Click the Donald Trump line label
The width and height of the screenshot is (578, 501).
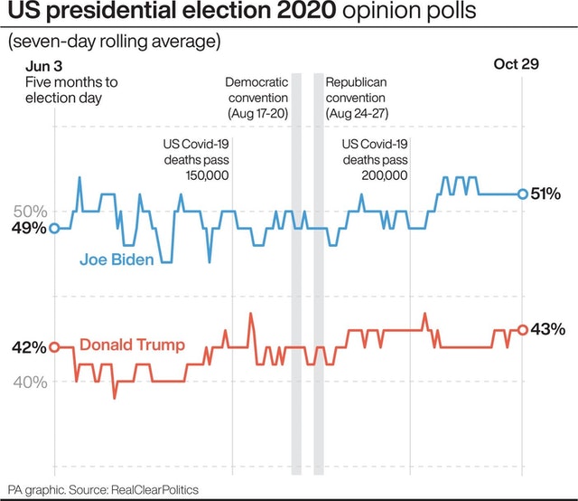(x=132, y=345)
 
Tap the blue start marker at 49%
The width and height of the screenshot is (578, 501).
(x=54, y=229)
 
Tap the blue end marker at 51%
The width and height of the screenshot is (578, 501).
(x=522, y=194)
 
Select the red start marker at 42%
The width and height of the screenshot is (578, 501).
(x=54, y=347)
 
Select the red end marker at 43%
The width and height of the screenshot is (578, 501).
(x=522, y=330)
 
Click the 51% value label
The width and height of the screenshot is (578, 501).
(x=546, y=194)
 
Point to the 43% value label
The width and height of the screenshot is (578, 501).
(x=547, y=329)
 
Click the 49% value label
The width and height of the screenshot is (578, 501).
(x=28, y=229)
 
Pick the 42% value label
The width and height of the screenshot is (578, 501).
(x=28, y=347)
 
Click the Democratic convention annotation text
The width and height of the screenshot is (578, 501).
(x=256, y=98)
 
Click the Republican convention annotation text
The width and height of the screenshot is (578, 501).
(x=356, y=98)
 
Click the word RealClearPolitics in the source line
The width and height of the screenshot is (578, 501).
(x=154, y=489)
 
